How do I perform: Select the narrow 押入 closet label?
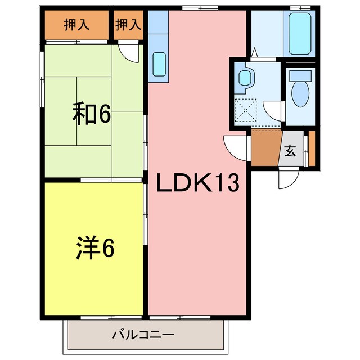pyautogui.click(x=128, y=25)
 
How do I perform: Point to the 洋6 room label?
pyautogui.click(x=96, y=248)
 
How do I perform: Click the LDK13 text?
pyautogui.click(x=197, y=183)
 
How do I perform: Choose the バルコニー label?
pyautogui.click(x=143, y=334)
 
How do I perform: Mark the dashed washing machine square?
pyautogui.click(x=245, y=110)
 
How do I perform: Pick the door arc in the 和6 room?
pyautogui.click(x=129, y=54)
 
